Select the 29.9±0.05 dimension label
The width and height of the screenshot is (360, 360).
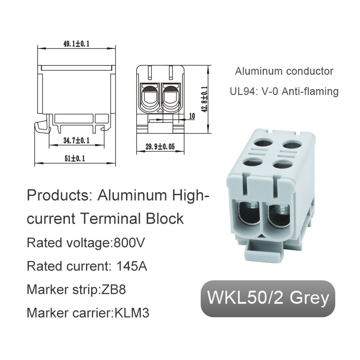pos(160,146)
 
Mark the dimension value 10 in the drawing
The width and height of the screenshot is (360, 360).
pos(192,116)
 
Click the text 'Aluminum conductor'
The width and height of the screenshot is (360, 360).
pos(284,71)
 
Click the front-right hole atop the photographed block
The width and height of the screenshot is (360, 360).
pos(282,163)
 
